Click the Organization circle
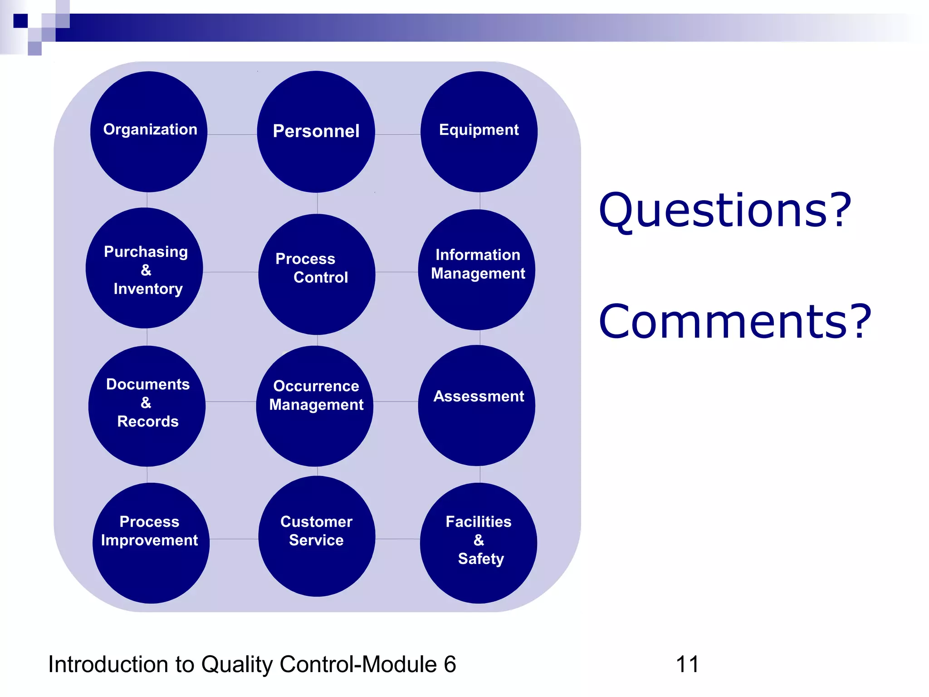149,132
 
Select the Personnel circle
316,132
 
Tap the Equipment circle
479,132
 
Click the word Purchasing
146,252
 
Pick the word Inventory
148,289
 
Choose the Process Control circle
317,275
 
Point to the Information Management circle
477,270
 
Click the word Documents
148,384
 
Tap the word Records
148,422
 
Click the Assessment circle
477,405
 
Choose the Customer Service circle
317,537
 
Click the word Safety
481,559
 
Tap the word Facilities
479,522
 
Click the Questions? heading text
725,211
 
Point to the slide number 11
687,664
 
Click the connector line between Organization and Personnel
232,134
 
